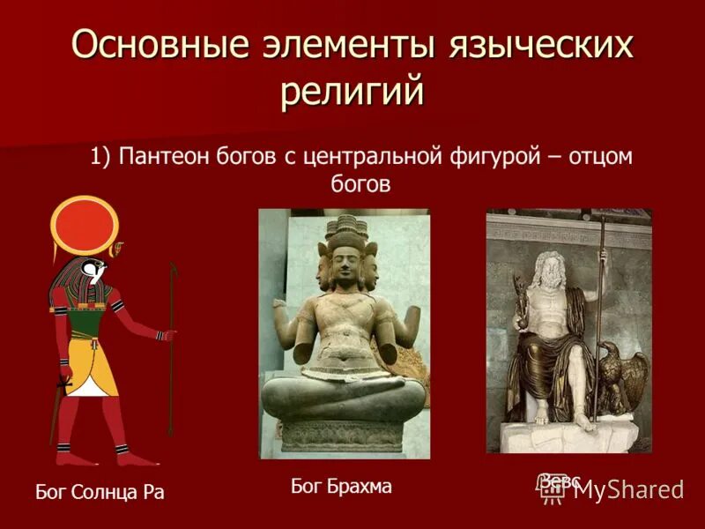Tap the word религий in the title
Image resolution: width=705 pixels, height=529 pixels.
[352, 91]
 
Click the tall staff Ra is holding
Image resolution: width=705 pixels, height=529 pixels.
[173, 353]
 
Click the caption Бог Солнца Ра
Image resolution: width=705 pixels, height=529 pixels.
[100, 492]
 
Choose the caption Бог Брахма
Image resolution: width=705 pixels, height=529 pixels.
[341, 486]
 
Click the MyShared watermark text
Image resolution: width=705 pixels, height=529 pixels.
[628, 491]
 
